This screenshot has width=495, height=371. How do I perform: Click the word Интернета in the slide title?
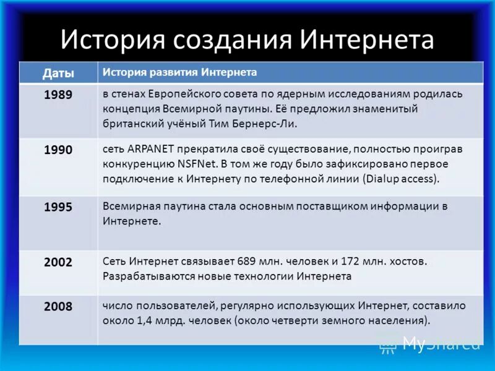pyautogui.click(x=367, y=41)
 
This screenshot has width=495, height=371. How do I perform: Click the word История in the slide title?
pyautogui.click(x=113, y=41)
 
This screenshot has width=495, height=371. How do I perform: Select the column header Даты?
pyautogui.click(x=58, y=73)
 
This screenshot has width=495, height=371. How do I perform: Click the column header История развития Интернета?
pyautogui.click(x=179, y=72)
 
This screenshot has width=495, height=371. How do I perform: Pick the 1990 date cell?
pyautogui.click(x=58, y=150)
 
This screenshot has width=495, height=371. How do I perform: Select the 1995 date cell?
pyautogui.click(x=58, y=207)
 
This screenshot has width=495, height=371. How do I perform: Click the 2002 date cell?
pyautogui.click(x=58, y=262)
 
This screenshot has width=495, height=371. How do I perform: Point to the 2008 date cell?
pyautogui.click(x=58, y=306)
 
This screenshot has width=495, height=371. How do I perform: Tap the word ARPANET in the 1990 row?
pyautogui.click(x=152, y=150)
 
